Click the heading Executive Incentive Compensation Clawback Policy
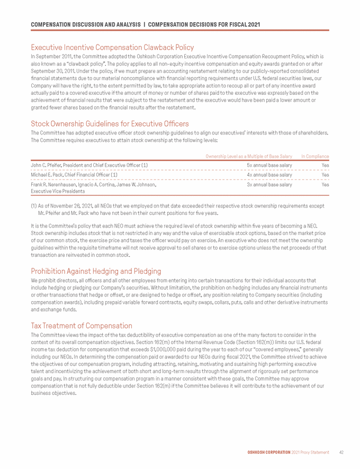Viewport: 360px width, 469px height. pos(112,47)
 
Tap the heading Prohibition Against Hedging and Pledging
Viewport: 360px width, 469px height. pos(96,270)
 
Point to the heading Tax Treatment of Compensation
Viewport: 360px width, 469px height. pos(82,325)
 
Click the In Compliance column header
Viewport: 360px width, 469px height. pos(315,156)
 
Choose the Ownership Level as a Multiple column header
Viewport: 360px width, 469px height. pos(249,156)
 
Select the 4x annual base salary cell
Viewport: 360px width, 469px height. pos(269,175)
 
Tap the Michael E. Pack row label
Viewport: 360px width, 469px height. pos(74,175)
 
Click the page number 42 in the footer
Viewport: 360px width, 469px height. pos(341,453)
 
